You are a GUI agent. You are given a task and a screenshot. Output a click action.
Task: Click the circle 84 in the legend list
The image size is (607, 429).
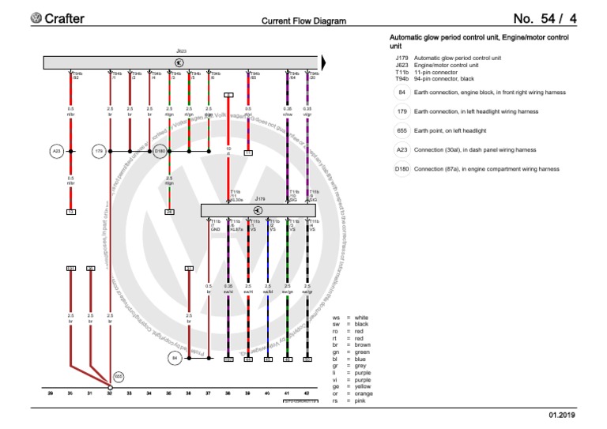pos(402,92)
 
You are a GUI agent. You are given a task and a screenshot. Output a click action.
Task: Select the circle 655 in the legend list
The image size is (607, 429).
pos(402,130)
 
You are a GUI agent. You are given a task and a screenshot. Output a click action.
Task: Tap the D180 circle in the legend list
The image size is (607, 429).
pos(402,168)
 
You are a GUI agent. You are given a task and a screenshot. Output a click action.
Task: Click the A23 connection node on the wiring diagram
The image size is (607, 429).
pos(56,150)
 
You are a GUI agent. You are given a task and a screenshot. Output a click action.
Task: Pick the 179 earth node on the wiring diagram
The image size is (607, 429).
pos(100,150)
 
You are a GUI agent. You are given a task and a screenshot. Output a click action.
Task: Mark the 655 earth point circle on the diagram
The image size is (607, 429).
pos(119,377)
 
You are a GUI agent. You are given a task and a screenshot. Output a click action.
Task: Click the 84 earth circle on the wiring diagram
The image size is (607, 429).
pos(175,358)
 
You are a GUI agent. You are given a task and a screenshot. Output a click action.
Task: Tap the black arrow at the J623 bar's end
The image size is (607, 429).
pos(324,62)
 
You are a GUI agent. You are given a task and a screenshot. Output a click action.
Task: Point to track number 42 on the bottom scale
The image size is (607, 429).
pos(307,393)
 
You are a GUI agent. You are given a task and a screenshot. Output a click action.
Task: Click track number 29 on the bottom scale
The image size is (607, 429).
pos(51,393)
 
